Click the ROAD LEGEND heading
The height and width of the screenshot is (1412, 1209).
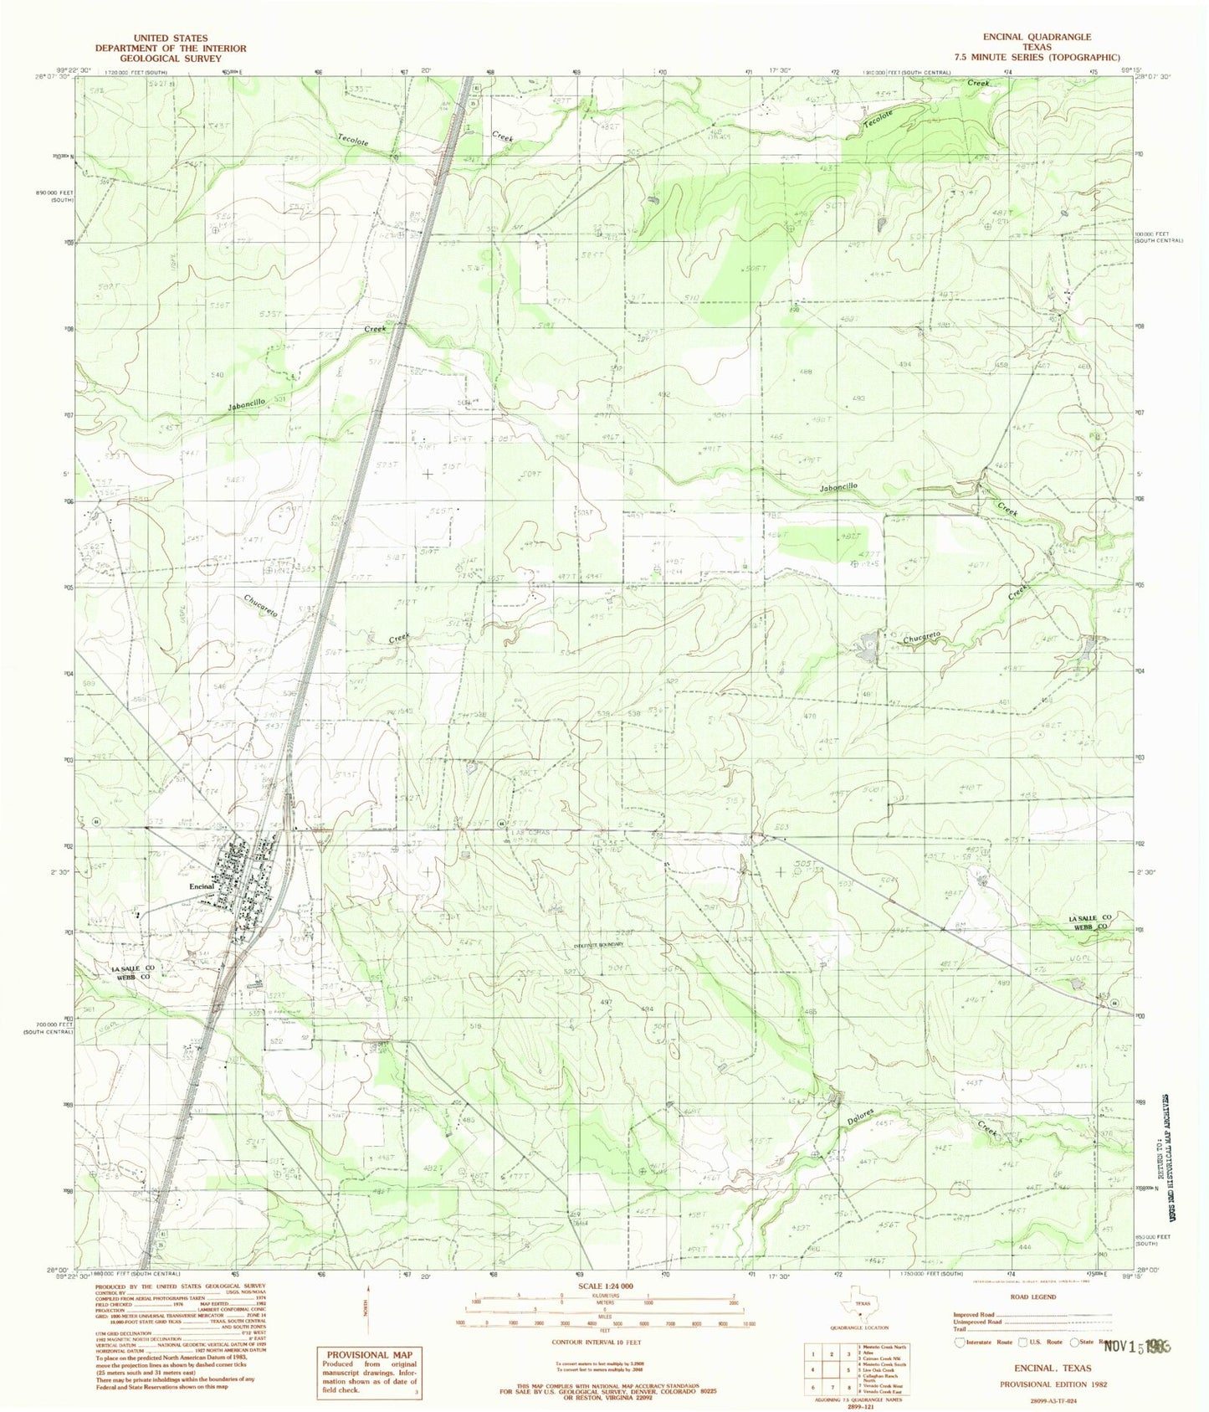pyautogui.click(x=1032, y=1297)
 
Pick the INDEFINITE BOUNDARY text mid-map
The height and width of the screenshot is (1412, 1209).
pyautogui.click(x=598, y=944)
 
